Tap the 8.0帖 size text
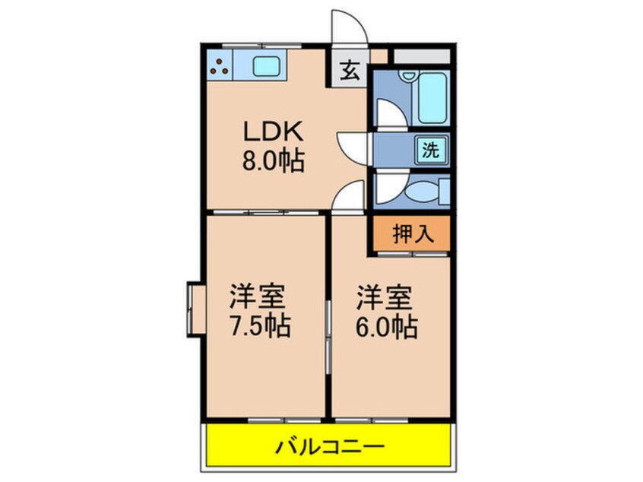pos(274,161)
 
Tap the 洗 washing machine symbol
pos(431,150)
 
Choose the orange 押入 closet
pos(412,233)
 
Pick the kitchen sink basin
pos(267,66)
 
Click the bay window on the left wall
pos(195,307)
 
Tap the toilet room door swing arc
pos(391,186)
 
